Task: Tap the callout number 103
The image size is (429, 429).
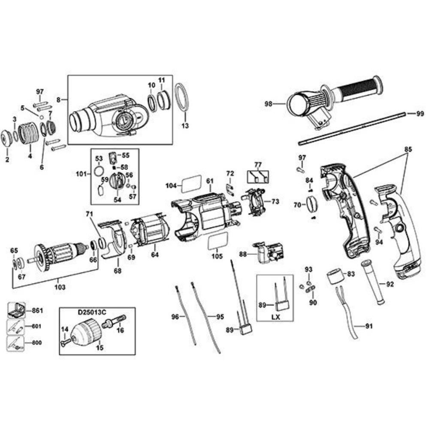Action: coord(60,287)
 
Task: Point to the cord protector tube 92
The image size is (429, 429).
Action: coord(373,281)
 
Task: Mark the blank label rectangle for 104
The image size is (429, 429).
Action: coord(191,183)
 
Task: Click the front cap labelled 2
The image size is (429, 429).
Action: coord(7,137)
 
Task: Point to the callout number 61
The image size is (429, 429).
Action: coord(209,181)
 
